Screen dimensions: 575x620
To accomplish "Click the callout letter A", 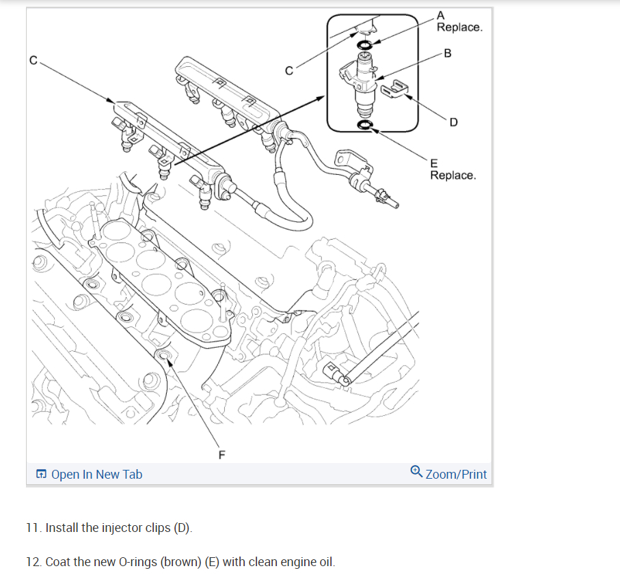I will point(440,14).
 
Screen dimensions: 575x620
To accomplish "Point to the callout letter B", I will point(447,53).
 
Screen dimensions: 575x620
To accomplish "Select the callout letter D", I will point(453,122).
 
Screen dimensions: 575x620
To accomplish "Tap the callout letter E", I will point(433,163).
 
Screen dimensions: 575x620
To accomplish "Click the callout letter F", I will point(221,454).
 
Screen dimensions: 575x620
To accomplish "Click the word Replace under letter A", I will point(459,27).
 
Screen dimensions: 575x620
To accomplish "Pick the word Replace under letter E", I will point(453,176).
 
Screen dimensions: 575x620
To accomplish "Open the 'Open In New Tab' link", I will point(96,474).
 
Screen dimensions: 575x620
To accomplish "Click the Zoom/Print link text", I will point(456,474).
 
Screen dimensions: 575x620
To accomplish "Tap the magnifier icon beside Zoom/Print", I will point(416,473).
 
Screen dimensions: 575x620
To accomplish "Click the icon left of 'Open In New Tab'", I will point(42,474).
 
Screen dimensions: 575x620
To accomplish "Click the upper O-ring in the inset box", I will point(366,46).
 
